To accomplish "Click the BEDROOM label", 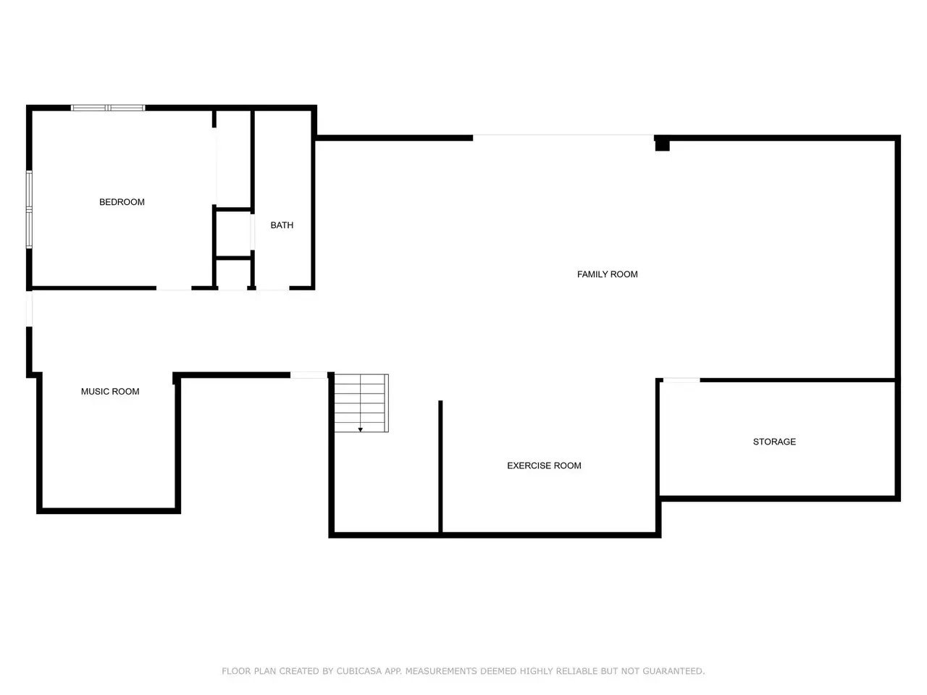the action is [x=122, y=202].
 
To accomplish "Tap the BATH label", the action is [x=282, y=225].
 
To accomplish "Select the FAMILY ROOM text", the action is [x=607, y=274].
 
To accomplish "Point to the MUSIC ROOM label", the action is [x=110, y=392].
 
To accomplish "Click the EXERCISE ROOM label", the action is [x=544, y=466].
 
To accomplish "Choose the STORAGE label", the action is [x=774, y=442].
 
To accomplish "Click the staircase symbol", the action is [x=361, y=403].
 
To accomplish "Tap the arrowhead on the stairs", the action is [x=360, y=429].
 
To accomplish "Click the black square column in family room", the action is [x=662, y=146].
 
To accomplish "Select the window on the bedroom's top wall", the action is [x=108, y=108].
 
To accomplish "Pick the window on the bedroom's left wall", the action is [x=29, y=209].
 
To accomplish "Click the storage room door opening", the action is [x=681, y=380].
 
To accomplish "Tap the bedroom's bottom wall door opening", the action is [x=174, y=289].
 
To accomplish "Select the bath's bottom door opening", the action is [x=272, y=289].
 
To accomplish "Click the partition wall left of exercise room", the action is [x=440, y=467].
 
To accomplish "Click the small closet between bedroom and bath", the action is [x=233, y=233].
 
